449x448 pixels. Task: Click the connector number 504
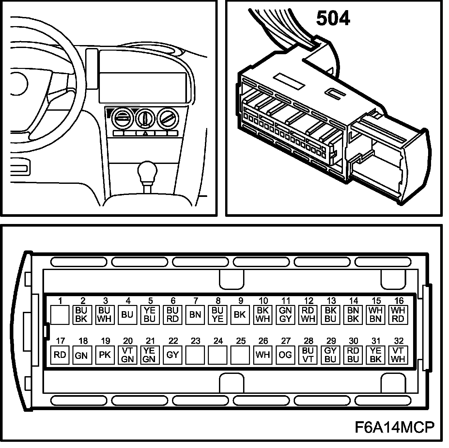pyautogui.click(x=333, y=19)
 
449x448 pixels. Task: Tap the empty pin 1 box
pyautogui.click(x=60, y=315)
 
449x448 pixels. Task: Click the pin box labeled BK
pyautogui.click(x=240, y=315)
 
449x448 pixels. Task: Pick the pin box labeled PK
pyautogui.click(x=105, y=355)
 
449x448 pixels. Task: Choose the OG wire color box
pyautogui.click(x=285, y=355)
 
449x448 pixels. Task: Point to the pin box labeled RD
pyautogui.click(x=60, y=355)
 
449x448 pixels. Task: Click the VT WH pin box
pyautogui.click(x=398, y=355)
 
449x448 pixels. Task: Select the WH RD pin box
pyautogui.click(x=398, y=315)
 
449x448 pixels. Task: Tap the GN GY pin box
pyautogui.click(x=285, y=315)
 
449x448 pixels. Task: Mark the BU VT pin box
pyautogui.click(x=308, y=355)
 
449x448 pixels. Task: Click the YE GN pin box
pyautogui.click(x=150, y=355)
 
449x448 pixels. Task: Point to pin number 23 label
pyautogui.click(x=195, y=341)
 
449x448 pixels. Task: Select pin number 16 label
pyautogui.click(x=399, y=301)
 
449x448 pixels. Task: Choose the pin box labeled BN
pyautogui.click(x=195, y=315)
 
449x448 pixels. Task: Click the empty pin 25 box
pyautogui.click(x=240, y=355)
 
